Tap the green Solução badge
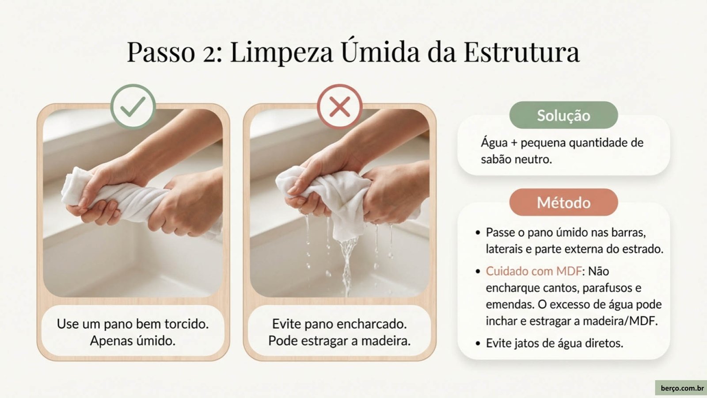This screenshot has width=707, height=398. tap(563, 115)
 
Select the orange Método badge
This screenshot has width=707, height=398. tap(563, 203)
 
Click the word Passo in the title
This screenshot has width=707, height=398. tap(161, 52)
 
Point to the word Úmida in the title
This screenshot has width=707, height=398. tap(380, 50)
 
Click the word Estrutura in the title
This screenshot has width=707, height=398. tap(521, 52)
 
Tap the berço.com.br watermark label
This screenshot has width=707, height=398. tap(682, 388)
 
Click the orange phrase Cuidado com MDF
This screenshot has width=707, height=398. tap(533, 271)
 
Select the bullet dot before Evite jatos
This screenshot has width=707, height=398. tap(478, 343)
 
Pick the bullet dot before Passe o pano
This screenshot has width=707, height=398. tap(478, 233)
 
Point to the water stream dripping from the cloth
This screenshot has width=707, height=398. tap(347, 265)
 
